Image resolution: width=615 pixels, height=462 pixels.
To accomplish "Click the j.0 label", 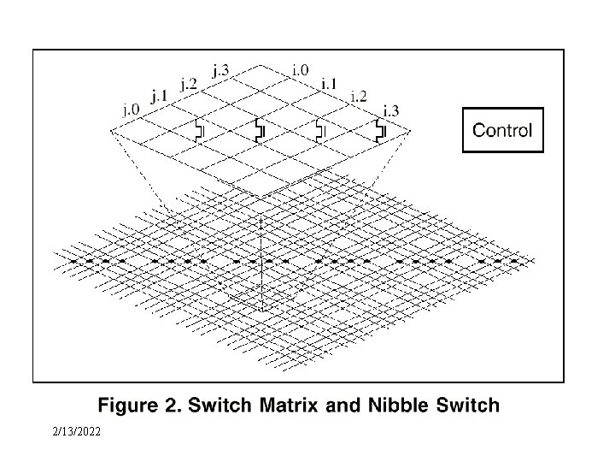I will pyautogui.click(x=131, y=110).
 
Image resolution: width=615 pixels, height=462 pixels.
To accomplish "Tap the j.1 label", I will pyautogui.click(x=159, y=95).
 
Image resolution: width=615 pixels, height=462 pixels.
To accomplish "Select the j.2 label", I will pyautogui.click(x=189, y=82).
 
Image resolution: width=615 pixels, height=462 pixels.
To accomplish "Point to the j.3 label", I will pyautogui.click(x=220, y=69).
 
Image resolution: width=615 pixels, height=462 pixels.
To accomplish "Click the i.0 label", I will pyautogui.click(x=300, y=69).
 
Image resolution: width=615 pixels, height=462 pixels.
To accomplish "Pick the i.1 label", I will pyautogui.click(x=329, y=83).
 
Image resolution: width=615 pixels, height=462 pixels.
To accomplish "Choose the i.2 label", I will pyautogui.click(x=359, y=96).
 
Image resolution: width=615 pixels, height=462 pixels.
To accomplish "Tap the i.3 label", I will pyautogui.click(x=390, y=110).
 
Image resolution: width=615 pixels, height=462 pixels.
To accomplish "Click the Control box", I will pyautogui.click(x=502, y=130).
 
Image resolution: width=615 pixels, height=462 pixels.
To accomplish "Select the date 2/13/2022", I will pyautogui.click(x=75, y=431).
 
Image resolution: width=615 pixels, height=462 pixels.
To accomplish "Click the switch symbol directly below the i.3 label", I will pyautogui.click(x=381, y=131).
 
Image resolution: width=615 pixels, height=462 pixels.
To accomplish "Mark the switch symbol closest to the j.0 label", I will pyautogui.click(x=199, y=131).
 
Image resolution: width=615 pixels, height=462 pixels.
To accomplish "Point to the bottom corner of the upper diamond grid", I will pyautogui.click(x=261, y=199).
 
